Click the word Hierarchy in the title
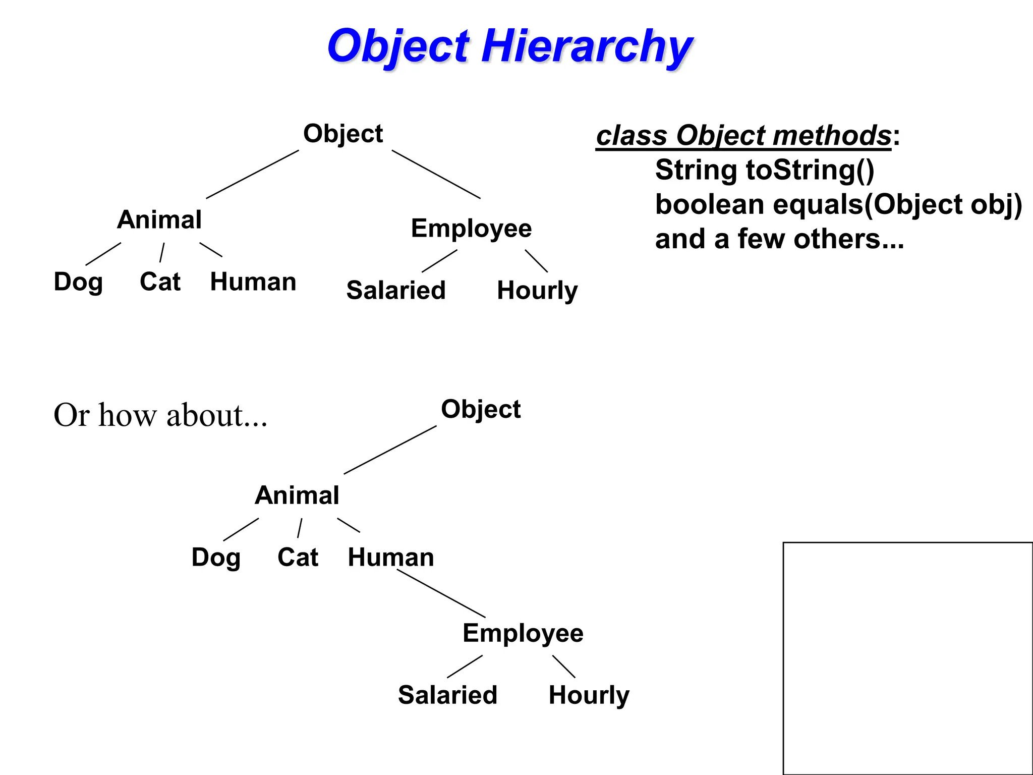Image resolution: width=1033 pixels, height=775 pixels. tap(587, 46)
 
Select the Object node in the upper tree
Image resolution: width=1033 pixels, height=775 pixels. tap(343, 134)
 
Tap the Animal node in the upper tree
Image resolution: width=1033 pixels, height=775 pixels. tap(159, 220)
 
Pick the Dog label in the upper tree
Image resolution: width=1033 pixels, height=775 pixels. tap(78, 282)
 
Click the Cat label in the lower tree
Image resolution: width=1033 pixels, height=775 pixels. tap(298, 558)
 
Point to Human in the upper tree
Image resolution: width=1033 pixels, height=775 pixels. tap(253, 282)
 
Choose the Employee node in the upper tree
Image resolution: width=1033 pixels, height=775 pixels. tap(471, 229)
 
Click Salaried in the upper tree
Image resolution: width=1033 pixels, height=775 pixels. tap(396, 291)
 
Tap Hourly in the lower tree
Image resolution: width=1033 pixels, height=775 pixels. tap(589, 696)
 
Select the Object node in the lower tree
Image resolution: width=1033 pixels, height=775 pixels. tap(481, 409)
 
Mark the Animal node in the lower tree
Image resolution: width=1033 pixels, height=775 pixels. tap(297, 495)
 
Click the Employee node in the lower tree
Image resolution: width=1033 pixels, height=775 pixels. tap(523, 634)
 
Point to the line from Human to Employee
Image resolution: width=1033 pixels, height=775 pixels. tap(441, 593)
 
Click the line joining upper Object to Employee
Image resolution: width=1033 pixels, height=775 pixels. tap(436, 175)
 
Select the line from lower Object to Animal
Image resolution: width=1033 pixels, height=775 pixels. tap(390, 450)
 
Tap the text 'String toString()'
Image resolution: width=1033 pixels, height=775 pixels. tap(765, 170)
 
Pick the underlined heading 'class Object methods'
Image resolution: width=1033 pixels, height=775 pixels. tap(743, 136)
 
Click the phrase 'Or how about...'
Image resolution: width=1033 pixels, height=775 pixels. tap(160, 415)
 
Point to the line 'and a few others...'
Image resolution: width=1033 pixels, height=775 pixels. tap(779, 239)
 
